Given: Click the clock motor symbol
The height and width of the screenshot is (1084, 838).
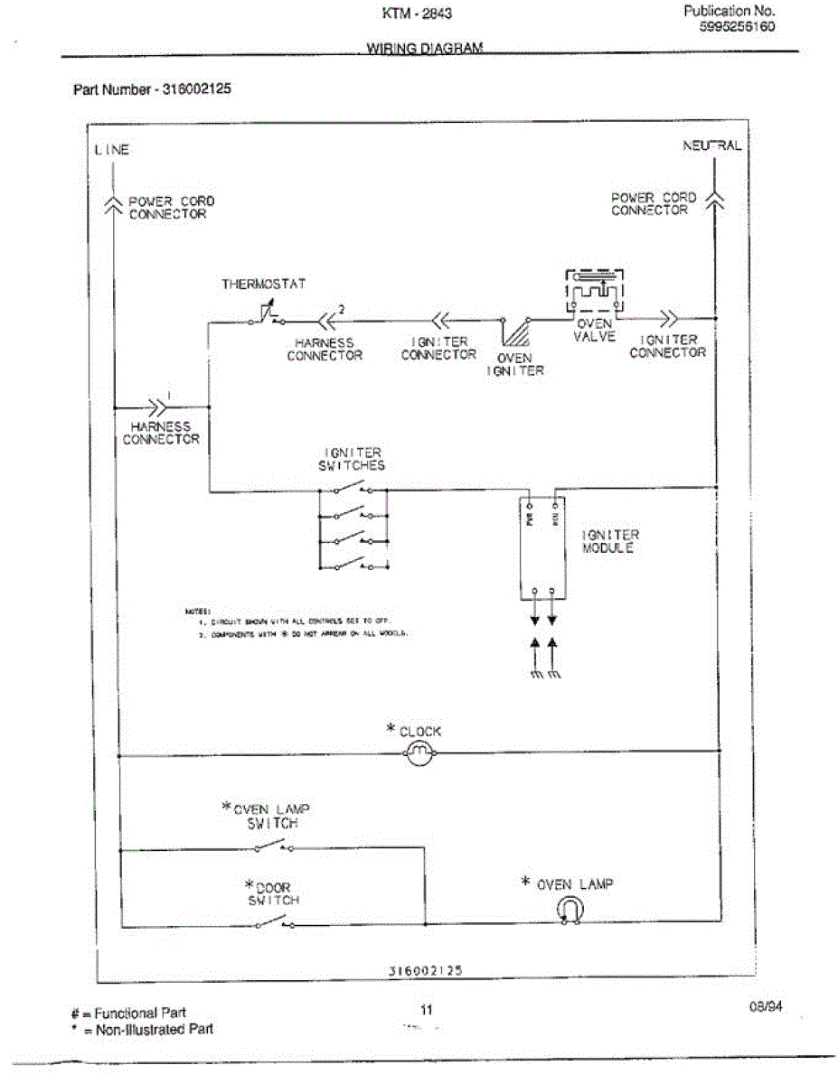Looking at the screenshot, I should click(418, 753).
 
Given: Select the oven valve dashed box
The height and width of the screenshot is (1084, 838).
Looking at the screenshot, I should click(595, 292).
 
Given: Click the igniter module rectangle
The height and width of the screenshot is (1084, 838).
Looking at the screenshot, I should click(542, 547).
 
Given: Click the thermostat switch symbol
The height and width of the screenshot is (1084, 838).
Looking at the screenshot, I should click(265, 317).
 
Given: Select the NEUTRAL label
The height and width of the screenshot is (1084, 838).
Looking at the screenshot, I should click(712, 145).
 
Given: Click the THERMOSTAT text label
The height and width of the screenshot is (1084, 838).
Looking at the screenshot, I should click(264, 284).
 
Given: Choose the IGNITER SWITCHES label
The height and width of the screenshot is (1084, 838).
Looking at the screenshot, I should click(353, 459).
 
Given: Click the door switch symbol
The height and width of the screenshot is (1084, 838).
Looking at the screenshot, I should click(271, 921).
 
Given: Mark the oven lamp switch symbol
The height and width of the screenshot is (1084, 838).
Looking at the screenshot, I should click(272, 846).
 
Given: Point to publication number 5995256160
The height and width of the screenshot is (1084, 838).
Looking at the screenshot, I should click(736, 27).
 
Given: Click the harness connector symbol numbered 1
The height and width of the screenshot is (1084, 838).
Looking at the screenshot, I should click(159, 406).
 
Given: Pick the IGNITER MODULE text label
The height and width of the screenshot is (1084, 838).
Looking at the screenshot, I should click(611, 542).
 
